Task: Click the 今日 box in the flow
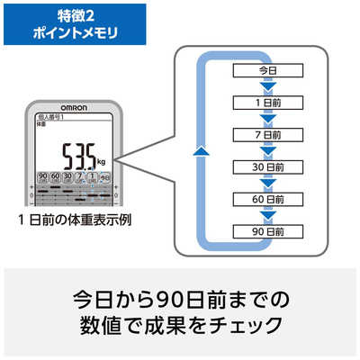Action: (x=265, y=70)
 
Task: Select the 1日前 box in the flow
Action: (x=265, y=103)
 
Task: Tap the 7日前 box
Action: (x=265, y=135)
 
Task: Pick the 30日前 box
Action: (x=265, y=167)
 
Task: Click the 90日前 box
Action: (x=265, y=231)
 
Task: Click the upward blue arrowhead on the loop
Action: (x=202, y=152)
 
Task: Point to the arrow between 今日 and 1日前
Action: (x=265, y=86)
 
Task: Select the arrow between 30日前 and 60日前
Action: (x=265, y=184)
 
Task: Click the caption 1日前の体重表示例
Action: (x=73, y=220)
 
